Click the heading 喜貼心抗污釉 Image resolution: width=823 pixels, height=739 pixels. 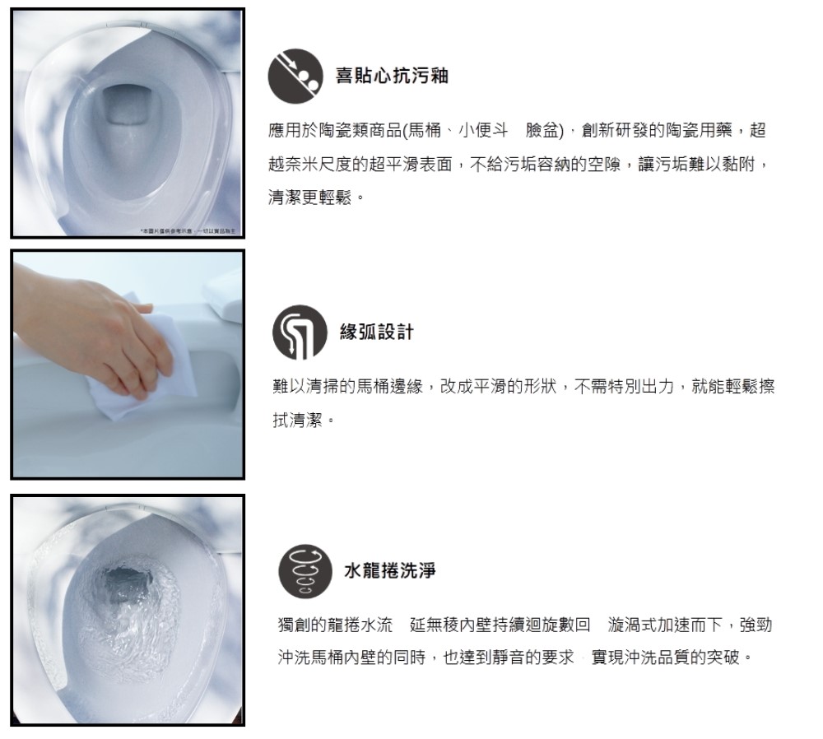(x=391, y=75)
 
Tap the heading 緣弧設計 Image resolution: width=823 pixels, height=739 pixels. (x=376, y=332)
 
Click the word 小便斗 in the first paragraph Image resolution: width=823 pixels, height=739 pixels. (x=481, y=130)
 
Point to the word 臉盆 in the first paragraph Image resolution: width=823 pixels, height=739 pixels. (x=543, y=130)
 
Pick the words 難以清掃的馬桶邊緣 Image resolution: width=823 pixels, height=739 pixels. (x=346, y=387)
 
